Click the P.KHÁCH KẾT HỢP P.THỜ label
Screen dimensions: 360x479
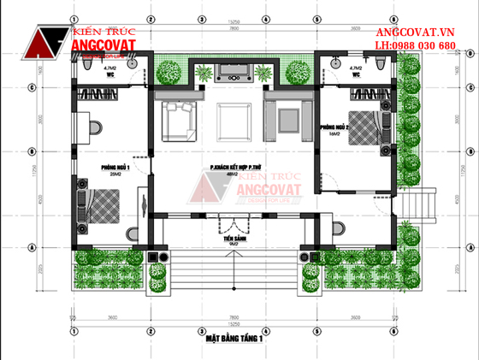tap(235, 168)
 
